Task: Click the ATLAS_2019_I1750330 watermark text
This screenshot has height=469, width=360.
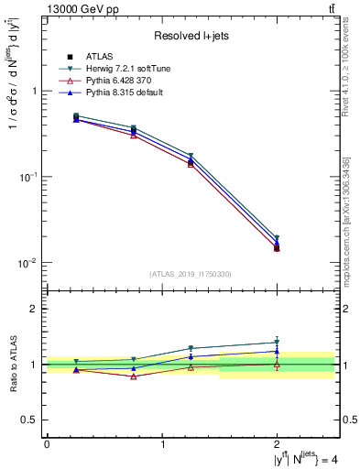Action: click(191, 274)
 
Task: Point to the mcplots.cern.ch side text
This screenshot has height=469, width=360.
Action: click(346, 229)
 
